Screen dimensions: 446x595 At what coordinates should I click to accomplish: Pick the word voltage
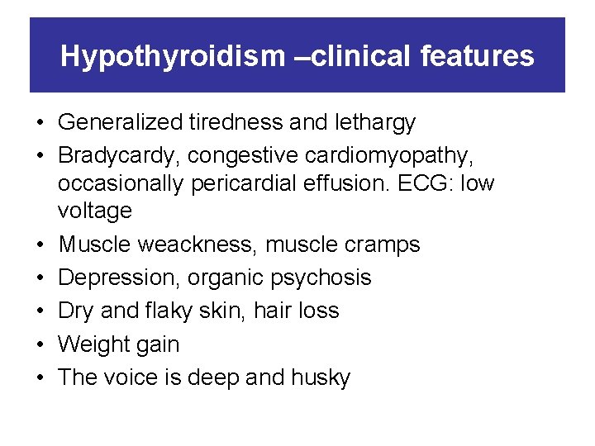coord(94,211)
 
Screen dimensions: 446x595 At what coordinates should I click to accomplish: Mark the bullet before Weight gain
coord(40,344)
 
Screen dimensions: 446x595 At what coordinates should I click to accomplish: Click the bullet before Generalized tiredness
coord(40,123)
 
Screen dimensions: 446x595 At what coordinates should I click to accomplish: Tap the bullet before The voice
coord(40,377)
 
